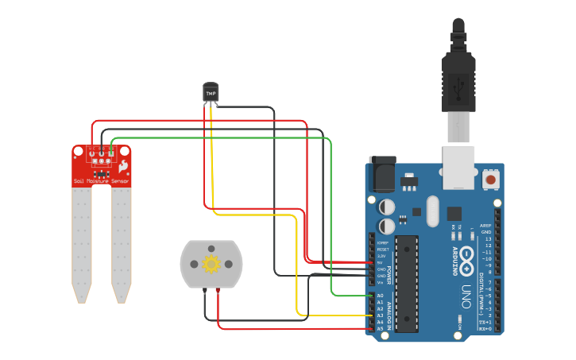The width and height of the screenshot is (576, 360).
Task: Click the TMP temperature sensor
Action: (211, 92)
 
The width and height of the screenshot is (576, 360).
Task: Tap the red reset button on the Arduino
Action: (491, 180)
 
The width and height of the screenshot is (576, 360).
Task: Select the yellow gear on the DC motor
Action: (211, 264)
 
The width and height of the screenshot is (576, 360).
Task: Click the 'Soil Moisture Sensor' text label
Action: (102, 181)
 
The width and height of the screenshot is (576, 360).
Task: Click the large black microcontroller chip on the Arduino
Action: (407, 282)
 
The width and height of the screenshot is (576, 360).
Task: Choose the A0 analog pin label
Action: (380, 296)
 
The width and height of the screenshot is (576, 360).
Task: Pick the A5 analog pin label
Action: (380, 328)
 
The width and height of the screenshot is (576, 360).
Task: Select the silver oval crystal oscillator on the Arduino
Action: (432, 211)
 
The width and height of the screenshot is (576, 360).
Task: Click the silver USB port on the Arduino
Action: (458, 167)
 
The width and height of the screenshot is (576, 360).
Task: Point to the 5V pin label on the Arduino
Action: (380, 262)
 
